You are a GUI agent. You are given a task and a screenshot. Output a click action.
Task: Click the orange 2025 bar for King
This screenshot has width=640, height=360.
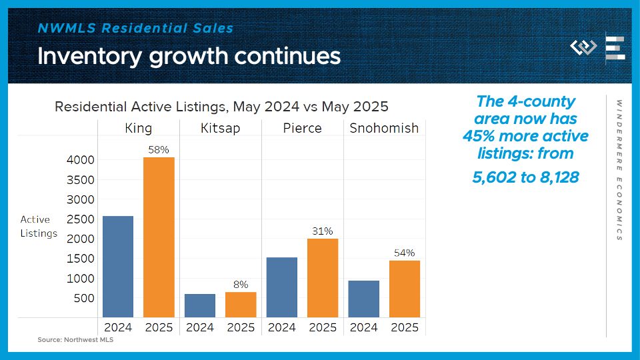point(159,237)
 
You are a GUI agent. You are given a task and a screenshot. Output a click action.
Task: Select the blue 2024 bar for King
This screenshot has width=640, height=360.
point(118,267)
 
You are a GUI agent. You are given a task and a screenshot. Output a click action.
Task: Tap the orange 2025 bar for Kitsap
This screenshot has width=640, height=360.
point(241,305)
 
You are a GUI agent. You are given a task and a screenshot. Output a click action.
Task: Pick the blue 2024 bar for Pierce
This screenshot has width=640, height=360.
point(281,287)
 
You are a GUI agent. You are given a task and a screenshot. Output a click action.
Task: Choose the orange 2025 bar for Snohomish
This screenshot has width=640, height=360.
point(405,289)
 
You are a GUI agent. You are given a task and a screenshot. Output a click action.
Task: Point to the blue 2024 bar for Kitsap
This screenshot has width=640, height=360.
point(200,305)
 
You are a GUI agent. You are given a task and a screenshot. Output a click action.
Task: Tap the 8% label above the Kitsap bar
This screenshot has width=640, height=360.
point(241,285)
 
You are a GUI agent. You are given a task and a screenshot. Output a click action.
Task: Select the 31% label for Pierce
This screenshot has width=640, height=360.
point(323,231)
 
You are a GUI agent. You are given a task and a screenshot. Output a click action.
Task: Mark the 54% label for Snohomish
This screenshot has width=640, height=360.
point(405,253)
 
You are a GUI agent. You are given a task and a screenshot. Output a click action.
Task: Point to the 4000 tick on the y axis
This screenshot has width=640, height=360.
point(80,160)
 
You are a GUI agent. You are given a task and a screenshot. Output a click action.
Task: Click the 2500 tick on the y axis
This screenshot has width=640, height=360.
point(80,219)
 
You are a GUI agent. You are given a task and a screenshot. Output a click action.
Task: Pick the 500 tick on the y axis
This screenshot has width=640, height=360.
point(84,298)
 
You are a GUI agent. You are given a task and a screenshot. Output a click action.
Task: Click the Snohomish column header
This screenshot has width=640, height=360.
point(384,128)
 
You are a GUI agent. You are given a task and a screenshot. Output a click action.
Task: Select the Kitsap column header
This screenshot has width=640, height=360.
point(220,128)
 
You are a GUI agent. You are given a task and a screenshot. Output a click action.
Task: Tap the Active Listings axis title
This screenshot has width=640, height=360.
point(39,227)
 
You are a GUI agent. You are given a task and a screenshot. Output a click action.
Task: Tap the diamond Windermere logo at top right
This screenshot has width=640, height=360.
point(583,48)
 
